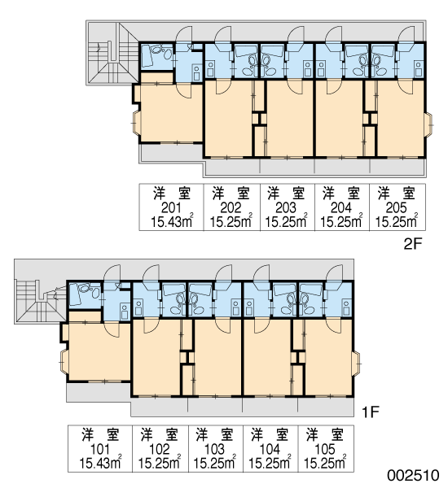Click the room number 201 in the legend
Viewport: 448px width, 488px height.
tap(171, 207)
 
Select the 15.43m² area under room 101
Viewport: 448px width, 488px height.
tap(100, 463)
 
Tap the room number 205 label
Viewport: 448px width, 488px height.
tap(396, 207)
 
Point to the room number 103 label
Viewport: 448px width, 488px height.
tap(214, 449)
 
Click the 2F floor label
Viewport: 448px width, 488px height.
tap(412, 244)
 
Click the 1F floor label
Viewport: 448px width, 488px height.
tap(370, 412)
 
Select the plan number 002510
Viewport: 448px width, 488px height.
tap(413, 476)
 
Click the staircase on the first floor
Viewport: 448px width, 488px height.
tap(41, 301)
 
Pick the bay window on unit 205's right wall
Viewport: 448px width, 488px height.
tap(429, 124)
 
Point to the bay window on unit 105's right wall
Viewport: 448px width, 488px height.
tap(358, 364)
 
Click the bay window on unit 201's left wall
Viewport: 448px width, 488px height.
tap(136, 123)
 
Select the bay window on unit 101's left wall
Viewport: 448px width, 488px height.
tap(64, 362)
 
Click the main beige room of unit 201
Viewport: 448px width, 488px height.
tap(171, 113)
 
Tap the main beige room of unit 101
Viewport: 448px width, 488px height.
tap(99, 351)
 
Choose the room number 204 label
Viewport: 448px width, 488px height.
tap(341, 207)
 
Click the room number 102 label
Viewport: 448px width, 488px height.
tap(160, 449)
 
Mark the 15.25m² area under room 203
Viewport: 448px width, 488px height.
tap(286, 221)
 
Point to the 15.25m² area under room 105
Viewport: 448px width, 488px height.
tap(325, 463)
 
